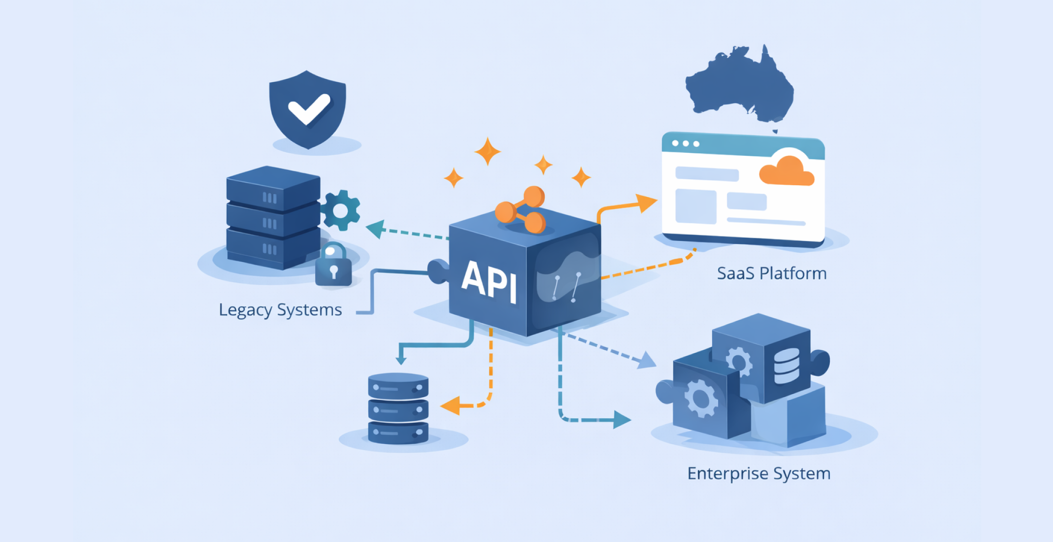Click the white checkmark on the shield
click(309, 108)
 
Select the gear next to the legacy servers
click(340, 210)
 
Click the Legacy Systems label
click(280, 310)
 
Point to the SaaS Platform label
click(771, 273)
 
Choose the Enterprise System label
click(758, 474)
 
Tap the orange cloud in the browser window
click(787, 171)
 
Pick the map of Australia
click(740, 86)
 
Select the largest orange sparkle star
click(488, 151)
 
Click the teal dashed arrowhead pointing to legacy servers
click(375, 229)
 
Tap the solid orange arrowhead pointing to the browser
click(646, 202)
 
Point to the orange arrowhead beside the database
click(450, 406)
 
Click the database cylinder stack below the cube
click(398, 409)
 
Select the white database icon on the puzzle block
click(787, 366)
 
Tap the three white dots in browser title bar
click(686, 143)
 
